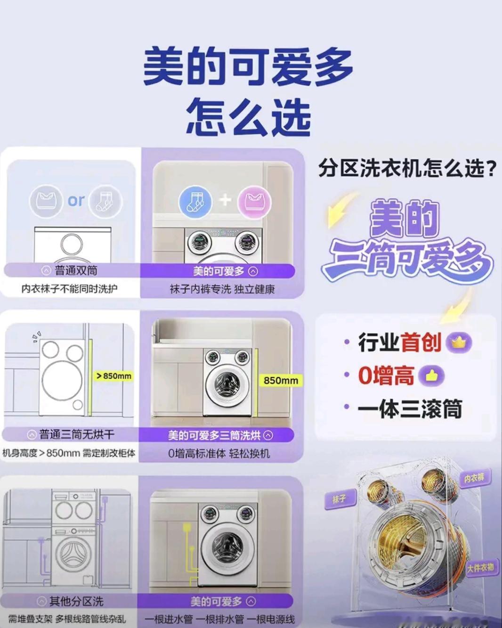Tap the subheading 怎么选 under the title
click(x=248, y=116)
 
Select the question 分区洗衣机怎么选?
click(x=407, y=168)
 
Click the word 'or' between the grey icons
click(x=76, y=201)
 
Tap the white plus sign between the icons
click(x=225, y=200)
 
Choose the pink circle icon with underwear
click(x=255, y=201)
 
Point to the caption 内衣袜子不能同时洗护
click(x=69, y=288)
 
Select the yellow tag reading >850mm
click(x=114, y=376)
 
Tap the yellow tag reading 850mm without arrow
click(x=281, y=380)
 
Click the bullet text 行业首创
click(x=399, y=343)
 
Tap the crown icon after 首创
click(x=458, y=343)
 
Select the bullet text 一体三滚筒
click(x=409, y=409)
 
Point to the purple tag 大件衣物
click(x=480, y=568)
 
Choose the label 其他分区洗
click(x=76, y=601)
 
